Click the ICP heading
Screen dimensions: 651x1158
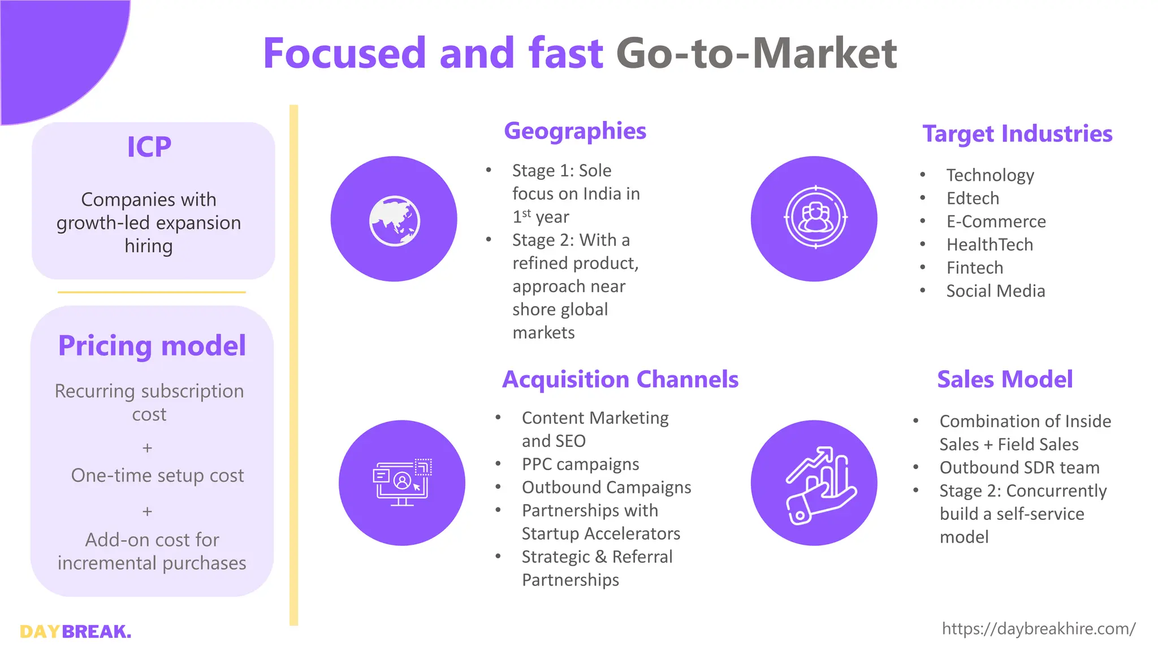[x=149, y=147]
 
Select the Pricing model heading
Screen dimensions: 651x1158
[x=152, y=346]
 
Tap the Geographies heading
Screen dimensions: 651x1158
[x=574, y=131]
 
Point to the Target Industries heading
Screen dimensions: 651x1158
[x=1017, y=134]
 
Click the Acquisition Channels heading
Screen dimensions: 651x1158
[x=620, y=379]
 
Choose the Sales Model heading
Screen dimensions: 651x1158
[x=1005, y=379]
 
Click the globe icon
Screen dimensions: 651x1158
[x=394, y=220]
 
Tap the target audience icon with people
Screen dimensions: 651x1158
[x=815, y=218]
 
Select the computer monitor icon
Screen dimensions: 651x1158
[x=402, y=483]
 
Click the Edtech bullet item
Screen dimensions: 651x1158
[x=973, y=198]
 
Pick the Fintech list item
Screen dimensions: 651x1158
[x=975, y=268]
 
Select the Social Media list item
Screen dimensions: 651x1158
[x=995, y=291]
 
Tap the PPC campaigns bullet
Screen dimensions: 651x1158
[x=580, y=465]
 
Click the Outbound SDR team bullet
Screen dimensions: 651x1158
[x=1019, y=468]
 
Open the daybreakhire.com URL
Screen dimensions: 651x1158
[x=1038, y=629]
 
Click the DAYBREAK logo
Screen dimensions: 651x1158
[x=75, y=631]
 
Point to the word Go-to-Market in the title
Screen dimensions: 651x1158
[x=756, y=53]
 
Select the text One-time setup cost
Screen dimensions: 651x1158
[x=157, y=476]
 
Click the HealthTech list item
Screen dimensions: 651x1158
[x=990, y=245]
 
